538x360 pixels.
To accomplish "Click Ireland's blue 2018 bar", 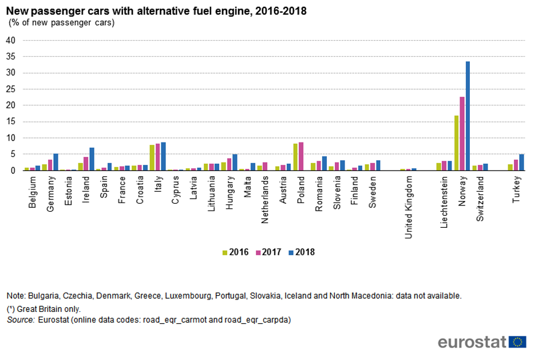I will point(92,159).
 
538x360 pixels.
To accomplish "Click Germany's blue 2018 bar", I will point(56,162).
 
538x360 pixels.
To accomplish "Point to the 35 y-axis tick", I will point(10,57).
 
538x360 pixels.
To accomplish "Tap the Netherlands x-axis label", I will point(265,200).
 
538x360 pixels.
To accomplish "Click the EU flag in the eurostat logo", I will point(519,342).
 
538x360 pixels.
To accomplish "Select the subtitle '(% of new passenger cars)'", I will point(61,23).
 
